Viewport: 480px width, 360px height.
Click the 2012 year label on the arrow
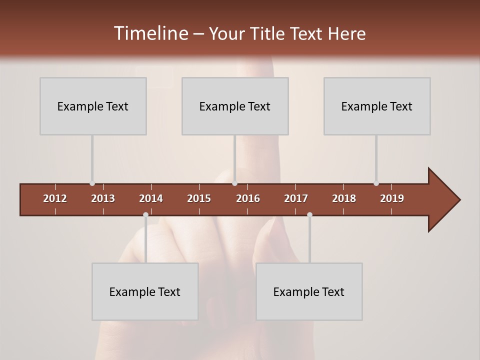click(55, 198)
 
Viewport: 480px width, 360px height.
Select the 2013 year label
click(103, 198)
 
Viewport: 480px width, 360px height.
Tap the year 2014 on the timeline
click(151, 198)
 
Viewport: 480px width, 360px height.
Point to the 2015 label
click(199, 198)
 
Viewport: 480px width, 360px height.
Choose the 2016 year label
click(248, 198)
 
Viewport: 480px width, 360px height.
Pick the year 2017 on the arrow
click(296, 198)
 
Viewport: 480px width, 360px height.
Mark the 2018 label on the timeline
click(344, 198)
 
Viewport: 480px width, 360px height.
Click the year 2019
click(392, 198)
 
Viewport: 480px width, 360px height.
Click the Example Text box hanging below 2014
click(145, 291)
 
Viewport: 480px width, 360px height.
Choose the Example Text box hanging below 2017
click(309, 291)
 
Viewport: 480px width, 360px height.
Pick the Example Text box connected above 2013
click(93, 106)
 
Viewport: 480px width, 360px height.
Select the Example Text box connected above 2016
click(235, 106)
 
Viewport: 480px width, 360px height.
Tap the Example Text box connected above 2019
click(377, 106)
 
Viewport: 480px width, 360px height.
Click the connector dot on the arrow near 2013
click(92, 183)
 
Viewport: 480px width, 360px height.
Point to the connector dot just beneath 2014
click(145, 215)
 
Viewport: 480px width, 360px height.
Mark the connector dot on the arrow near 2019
click(376, 183)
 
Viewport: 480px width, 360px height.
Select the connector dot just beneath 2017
click(309, 215)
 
